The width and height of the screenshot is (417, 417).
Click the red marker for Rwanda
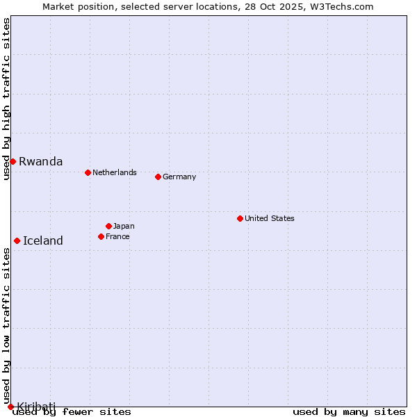click(x=13, y=161)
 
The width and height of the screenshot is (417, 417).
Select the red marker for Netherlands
click(x=88, y=172)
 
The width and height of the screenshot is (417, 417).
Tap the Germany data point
click(x=158, y=177)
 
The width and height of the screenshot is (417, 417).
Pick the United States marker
click(x=240, y=218)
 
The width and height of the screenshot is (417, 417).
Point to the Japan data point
click(x=108, y=226)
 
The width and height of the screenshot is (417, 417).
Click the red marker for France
click(x=101, y=236)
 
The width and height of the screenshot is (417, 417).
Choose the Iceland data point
click(x=17, y=240)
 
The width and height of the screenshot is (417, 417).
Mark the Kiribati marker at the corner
click(x=10, y=407)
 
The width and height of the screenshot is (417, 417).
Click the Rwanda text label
click(x=40, y=162)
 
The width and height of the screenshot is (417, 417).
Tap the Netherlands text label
click(x=115, y=172)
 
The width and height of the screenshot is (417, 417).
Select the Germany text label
click(x=179, y=177)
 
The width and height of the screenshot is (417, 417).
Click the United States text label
click(x=270, y=218)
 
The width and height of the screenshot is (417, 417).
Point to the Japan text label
click(x=124, y=226)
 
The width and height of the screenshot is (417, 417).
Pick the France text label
click(x=117, y=236)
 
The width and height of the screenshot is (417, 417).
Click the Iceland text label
click(x=43, y=241)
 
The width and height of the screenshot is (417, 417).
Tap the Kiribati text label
click(x=36, y=406)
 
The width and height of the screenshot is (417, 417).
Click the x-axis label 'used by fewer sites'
click(x=72, y=412)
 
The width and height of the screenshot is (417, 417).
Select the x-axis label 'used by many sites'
click(x=349, y=412)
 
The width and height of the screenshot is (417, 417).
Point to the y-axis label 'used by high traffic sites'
click(x=6, y=99)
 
